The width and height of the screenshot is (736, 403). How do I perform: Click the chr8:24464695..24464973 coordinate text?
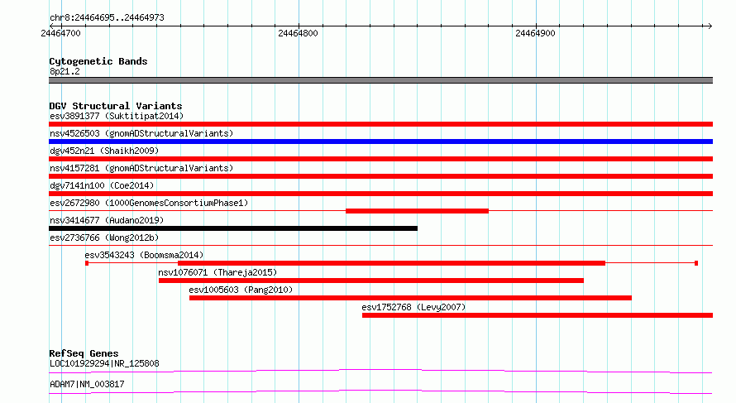[x=107, y=18]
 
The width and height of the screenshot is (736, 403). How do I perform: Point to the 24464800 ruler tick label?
[x=298, y=33]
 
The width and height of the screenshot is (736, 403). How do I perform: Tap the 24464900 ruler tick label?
[x=535, y=33]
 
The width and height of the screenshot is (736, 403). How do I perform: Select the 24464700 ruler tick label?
[x=60, y=33]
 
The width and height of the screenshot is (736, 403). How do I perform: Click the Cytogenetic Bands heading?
[x=98, y=61]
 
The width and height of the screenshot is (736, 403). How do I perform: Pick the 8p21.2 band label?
[x=65, y=71]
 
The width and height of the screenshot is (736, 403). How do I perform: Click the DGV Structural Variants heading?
[x=116, y=106]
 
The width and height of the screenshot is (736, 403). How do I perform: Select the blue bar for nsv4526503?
[x=380, y=142]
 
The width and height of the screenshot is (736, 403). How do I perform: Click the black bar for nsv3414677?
[x=233, y=228]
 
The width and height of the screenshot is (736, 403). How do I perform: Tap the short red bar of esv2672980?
[x=418, y=211]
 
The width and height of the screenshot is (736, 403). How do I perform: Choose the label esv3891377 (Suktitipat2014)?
[x=117, y=116]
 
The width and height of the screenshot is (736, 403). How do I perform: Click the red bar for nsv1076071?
[x=371, y=281]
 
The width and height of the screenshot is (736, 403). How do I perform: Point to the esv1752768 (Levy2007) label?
[x=413, y=307]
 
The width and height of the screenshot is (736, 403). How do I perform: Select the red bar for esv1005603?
[x=411, y=298]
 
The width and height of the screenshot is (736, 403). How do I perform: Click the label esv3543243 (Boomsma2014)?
[x=144, y=255]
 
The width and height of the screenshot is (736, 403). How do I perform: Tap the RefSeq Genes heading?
[x=84, y=353]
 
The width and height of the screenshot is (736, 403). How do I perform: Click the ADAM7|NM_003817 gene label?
[x=88, y=384]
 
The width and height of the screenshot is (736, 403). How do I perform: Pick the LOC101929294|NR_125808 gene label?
[x=104, y=363]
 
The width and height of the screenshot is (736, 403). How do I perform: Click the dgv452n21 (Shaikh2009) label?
[x=104, y=151]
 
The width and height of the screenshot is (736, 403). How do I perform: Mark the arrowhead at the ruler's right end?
[x=710, y=26]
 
